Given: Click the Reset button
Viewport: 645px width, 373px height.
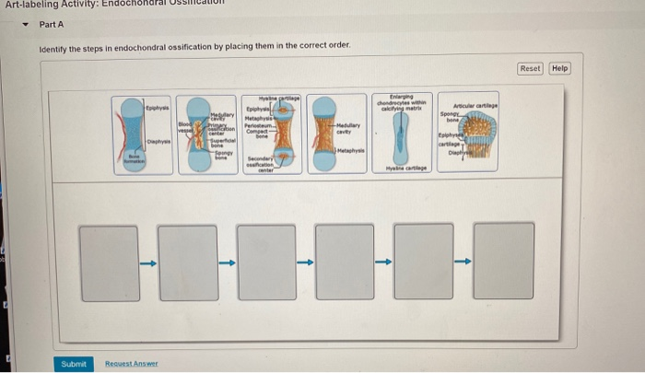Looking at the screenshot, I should point(531,68).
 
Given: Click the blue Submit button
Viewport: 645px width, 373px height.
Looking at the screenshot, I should point(73,364).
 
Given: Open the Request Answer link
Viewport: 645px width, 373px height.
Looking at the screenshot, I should point(132,364).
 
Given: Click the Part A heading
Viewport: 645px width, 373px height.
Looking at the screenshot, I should point(52,25).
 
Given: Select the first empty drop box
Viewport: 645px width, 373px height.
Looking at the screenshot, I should point(110,248).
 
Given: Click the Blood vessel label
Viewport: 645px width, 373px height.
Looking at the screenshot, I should point(184,128).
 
